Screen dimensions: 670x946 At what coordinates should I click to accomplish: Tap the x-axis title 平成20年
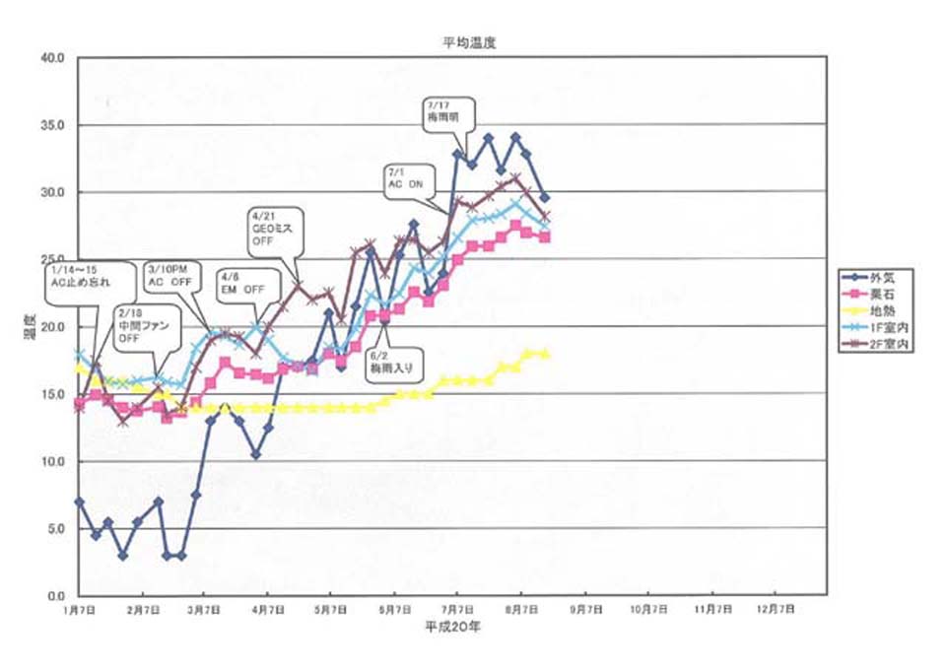tap(453, 626)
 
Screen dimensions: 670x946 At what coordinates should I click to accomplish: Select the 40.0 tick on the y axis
tap(51, 57)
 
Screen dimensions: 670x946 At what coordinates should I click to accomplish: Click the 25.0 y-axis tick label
tap(51, 259)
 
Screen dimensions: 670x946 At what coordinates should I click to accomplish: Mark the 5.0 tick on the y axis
tap(53, 529)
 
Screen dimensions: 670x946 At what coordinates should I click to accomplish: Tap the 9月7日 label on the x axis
tap(586, 611)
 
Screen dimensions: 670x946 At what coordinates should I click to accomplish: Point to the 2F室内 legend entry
tap(880, 346)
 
